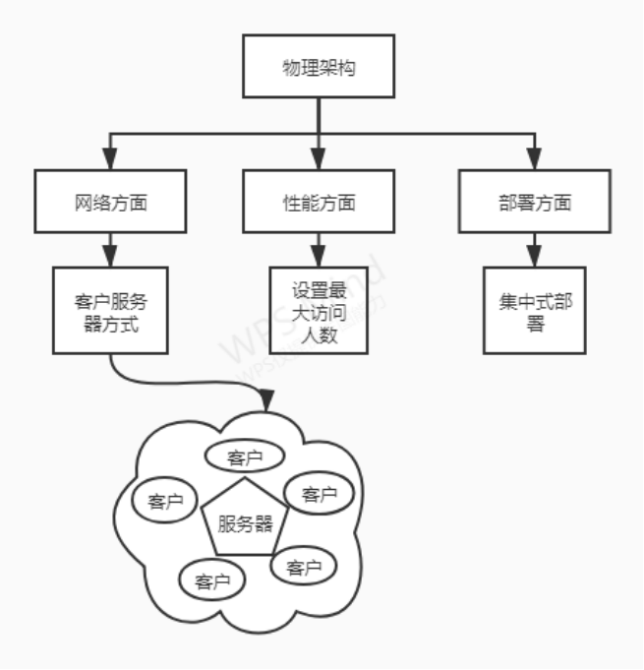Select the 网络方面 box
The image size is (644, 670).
point(110,203)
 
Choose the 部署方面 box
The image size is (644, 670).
point(534,203)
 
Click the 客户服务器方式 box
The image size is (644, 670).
point(110,309)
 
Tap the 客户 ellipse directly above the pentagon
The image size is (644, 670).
point(244,457)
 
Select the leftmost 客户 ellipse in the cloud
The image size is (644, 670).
point(165,501)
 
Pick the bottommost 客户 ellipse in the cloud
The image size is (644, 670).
point(212,580)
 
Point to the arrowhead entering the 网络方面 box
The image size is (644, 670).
point(110,160)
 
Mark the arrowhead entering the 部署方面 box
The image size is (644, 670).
point(534,160)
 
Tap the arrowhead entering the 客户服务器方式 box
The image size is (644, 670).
point(110,253)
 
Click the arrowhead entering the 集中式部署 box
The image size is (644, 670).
point(534,253)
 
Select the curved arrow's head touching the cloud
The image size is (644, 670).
point(266,402)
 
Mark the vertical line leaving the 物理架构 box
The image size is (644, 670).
point(318,116)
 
